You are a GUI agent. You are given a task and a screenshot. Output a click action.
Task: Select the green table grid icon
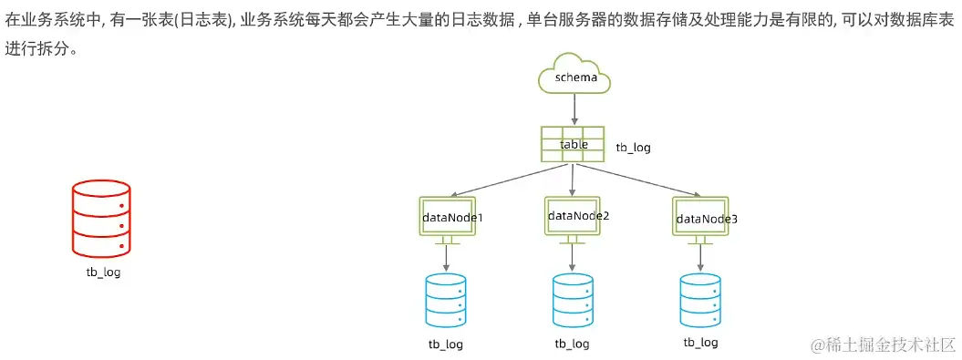pos(573,145)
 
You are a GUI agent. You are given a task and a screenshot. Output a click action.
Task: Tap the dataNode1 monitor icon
pos(447,218)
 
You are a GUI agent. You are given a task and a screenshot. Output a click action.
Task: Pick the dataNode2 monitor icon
pos(573,216)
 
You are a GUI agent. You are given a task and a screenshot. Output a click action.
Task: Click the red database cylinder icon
pos(101,218)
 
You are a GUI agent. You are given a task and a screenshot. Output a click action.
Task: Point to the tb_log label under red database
pos(101,272)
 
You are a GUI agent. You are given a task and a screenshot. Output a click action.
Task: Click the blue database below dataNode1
pos(446,300)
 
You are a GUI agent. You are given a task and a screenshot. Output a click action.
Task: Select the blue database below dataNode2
pos(573,300)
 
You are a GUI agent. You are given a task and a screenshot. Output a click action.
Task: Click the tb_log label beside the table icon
pos(633,147)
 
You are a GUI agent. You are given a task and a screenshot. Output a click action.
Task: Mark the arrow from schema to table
pos(574,109)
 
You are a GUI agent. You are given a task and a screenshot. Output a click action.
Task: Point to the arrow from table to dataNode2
pos(573,180)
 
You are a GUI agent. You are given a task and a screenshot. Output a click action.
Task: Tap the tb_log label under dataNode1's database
pos(446,344)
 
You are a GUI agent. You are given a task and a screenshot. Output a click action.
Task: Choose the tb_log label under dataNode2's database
pos(573,344)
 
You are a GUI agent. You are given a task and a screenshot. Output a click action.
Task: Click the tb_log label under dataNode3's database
pos(700,343)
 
